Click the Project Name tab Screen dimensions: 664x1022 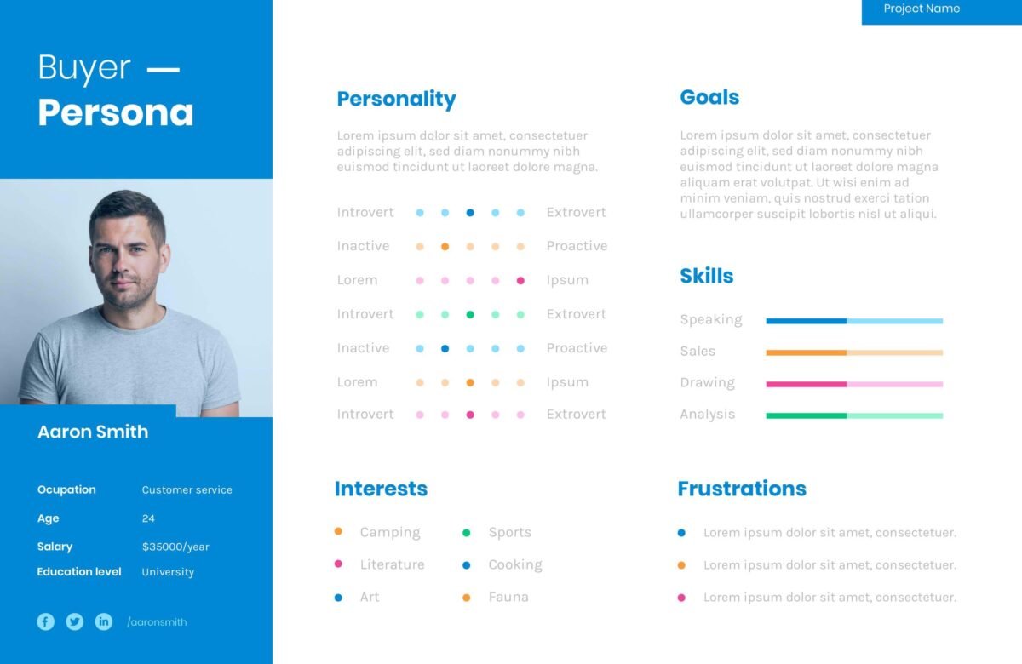[922, 9]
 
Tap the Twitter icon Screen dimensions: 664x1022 [75, 621]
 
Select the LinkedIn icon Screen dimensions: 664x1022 [104, 621]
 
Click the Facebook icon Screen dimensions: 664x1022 [46, 621]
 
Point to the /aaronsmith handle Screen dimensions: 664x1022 [157, 622]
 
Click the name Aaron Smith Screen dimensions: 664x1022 [93, 432]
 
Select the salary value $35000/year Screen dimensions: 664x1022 [175, 547]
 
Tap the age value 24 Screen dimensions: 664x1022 [148, 518]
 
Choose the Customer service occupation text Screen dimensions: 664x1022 [187, 490]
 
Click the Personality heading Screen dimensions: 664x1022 [396, 99]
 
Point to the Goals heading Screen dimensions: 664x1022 [709, 98]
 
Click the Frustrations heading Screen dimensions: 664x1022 [741, 489]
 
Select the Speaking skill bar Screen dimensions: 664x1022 [854, 321]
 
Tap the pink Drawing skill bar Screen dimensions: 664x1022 [854, 384]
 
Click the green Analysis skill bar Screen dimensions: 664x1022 [854, 415]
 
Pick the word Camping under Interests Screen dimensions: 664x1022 [390, 533]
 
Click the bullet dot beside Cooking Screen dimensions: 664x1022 [467, 565]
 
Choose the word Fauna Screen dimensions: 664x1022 [508, 598]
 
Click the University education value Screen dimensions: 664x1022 [168, 572]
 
